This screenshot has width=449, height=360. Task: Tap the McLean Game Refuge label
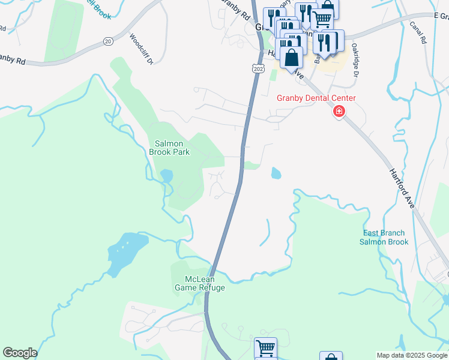199,283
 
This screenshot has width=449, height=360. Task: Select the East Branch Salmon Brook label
384,238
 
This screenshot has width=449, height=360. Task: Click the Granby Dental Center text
316,98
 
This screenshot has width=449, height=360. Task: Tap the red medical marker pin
339,112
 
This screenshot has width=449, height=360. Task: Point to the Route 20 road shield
108,41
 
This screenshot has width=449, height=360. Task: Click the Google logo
20,353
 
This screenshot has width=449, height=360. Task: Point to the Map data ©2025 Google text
412,355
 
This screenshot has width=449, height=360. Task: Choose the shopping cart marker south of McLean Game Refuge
265,347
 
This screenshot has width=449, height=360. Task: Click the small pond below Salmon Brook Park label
166,176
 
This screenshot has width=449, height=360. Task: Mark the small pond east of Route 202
276,173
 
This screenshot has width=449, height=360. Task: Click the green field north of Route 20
63,30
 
